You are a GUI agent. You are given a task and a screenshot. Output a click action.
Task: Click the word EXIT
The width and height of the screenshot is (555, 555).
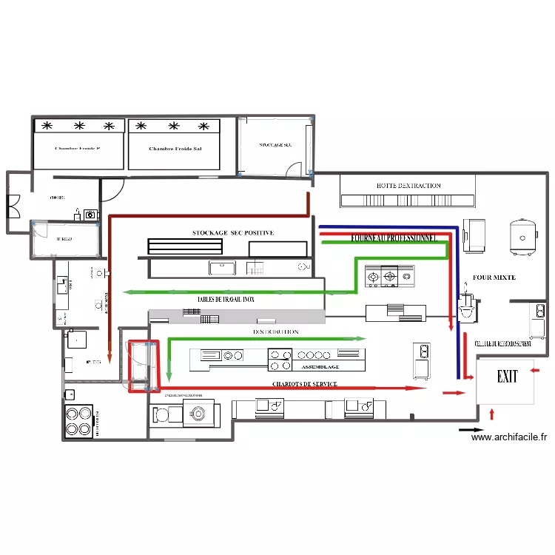[507, 377]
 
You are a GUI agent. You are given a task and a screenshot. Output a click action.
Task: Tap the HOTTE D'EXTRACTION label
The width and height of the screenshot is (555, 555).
[408, 186]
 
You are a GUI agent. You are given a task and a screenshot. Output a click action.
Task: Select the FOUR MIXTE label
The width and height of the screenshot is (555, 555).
[494, 277]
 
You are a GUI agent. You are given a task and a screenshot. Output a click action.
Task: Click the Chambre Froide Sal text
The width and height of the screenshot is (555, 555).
[175, 149]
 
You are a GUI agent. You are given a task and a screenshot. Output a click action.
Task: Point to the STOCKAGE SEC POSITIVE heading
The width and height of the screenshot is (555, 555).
[232, 233]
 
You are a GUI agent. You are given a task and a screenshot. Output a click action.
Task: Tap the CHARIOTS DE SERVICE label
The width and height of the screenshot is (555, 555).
[304, 384]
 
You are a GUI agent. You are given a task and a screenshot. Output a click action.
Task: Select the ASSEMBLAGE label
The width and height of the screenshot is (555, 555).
[319, 366]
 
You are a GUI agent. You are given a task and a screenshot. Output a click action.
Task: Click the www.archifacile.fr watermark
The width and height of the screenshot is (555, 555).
[509, 437]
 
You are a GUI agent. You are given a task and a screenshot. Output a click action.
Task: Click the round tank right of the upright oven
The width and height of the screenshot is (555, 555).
[524, 236]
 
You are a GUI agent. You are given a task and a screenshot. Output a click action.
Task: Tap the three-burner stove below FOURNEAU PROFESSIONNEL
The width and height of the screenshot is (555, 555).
[390, 277]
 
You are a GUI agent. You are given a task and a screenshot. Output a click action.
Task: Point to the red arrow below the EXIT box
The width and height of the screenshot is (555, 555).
[492, 413]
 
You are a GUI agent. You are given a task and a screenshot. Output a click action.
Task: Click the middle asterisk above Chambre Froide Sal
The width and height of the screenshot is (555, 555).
[175, 126]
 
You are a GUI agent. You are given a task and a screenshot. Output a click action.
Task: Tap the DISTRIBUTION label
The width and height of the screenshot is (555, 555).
[275, 332]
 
